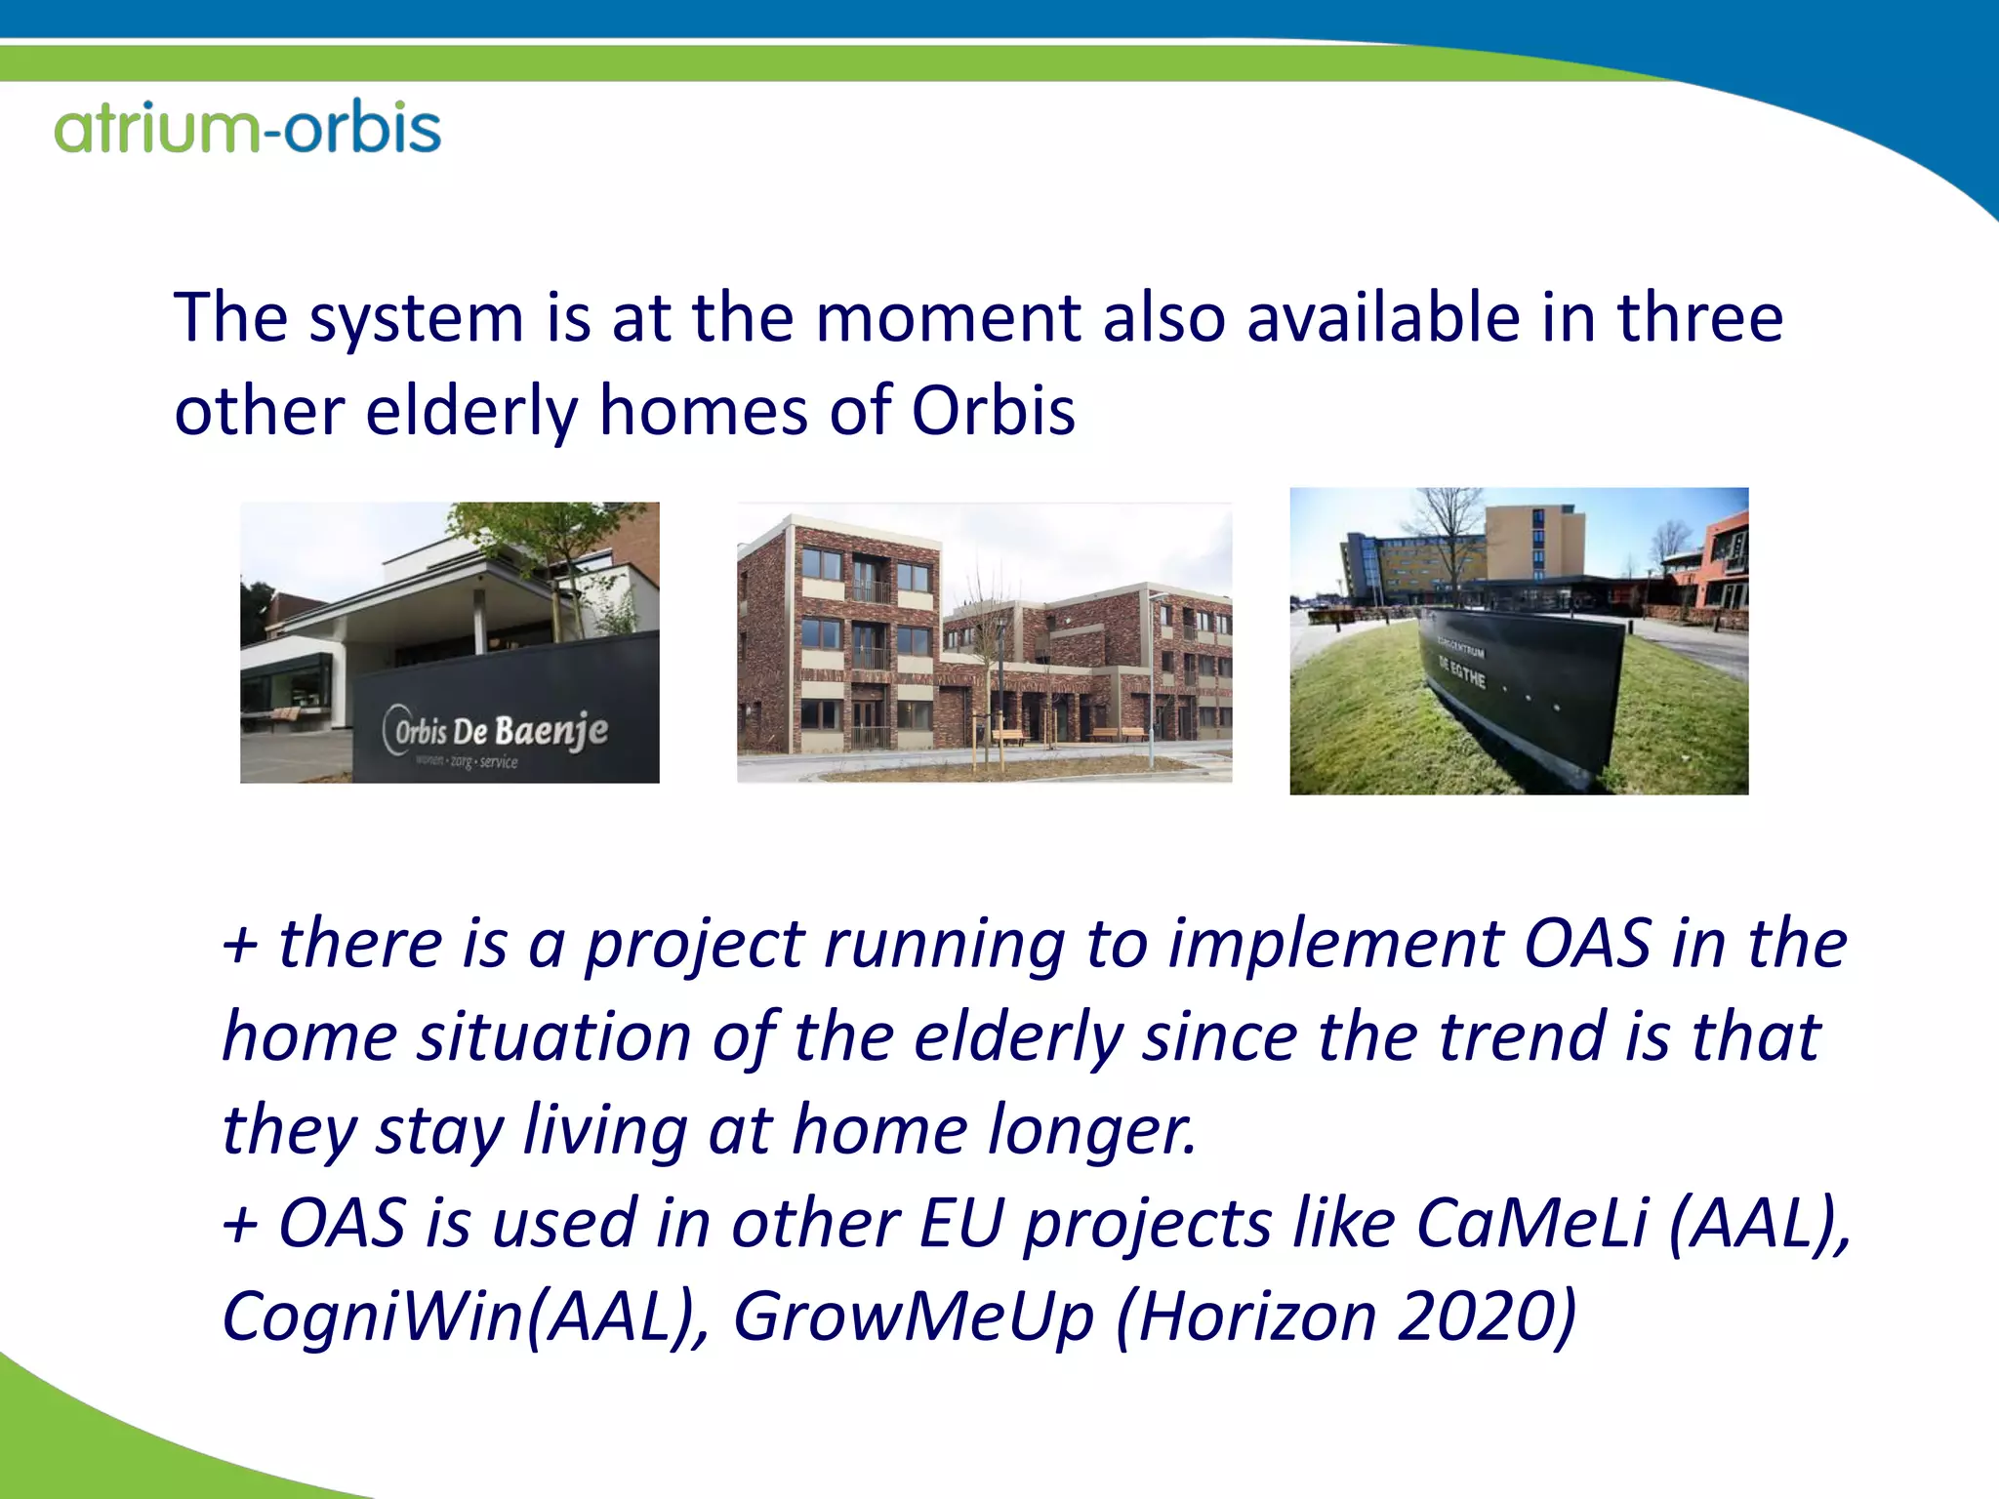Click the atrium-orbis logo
click(x=248, y=128)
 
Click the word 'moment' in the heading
click(x=948, y=319)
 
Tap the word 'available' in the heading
click(x=1383, y=319)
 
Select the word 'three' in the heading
click(x=1699, y=319)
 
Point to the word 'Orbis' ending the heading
click(x=993, y=411)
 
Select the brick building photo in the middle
click(x=984, y=642)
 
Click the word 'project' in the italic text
click(x=694, y=945)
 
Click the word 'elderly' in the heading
click(x=471, y=411)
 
